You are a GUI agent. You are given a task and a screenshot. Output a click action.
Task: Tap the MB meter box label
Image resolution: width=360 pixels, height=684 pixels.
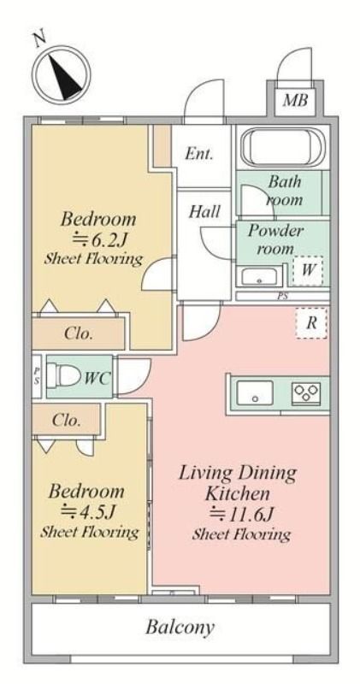295,100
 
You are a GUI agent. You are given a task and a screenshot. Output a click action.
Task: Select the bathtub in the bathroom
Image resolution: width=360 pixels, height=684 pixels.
283,147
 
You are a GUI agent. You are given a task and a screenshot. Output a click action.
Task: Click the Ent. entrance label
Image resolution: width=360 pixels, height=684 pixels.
199,154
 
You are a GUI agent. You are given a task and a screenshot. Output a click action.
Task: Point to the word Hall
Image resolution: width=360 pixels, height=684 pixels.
204,212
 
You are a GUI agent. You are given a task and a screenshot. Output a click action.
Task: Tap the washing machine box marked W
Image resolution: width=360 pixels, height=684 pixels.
308,270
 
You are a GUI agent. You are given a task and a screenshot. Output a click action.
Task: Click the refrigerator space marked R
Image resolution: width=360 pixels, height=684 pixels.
311,323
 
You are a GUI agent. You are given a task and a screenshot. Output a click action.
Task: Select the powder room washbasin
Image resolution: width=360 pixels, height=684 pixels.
260,277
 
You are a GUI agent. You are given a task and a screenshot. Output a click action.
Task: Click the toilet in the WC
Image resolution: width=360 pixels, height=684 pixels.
65,375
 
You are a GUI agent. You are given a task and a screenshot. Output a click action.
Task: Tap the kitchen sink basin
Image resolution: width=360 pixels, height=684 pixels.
255,392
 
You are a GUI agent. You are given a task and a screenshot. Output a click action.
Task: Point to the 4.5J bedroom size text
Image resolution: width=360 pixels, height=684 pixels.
88,511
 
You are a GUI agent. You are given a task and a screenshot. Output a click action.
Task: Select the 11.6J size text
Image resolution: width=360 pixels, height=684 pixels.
242,514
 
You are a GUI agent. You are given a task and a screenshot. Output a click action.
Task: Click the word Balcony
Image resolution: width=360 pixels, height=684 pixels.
180,628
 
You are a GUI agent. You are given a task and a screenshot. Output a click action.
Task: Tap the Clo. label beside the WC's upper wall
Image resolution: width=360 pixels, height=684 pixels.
79,333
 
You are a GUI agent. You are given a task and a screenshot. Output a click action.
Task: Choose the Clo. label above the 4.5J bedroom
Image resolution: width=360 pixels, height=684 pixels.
67,420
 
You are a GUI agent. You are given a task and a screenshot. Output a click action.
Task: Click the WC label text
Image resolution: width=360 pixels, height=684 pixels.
97,378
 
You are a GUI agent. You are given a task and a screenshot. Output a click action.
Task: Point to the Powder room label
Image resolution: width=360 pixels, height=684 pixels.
274,239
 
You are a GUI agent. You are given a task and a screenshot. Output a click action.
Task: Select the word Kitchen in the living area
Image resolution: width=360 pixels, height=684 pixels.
237,494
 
